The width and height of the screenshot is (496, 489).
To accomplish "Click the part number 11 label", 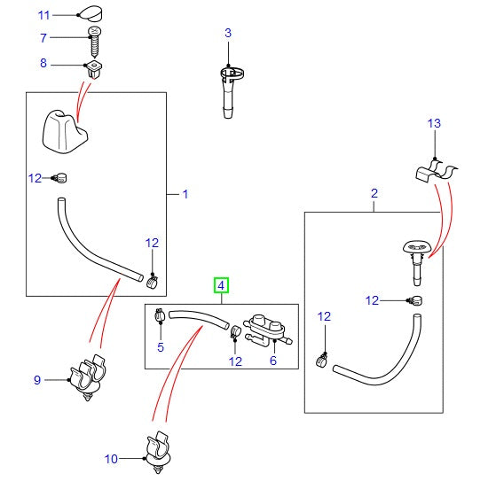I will point(43,15).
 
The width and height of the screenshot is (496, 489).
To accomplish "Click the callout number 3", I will point(227,33).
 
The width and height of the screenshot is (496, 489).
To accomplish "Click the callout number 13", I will point(434,125).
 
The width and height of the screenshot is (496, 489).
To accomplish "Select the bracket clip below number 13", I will point(435,170).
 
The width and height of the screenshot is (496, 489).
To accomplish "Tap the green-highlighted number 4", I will point(220,285).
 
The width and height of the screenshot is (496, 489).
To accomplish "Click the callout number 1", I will point(185,193).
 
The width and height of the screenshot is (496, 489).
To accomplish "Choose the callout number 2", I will point(374,193).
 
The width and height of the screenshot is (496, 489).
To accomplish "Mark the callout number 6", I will point(272,361).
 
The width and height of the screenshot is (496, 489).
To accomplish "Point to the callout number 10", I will point(111,459).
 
